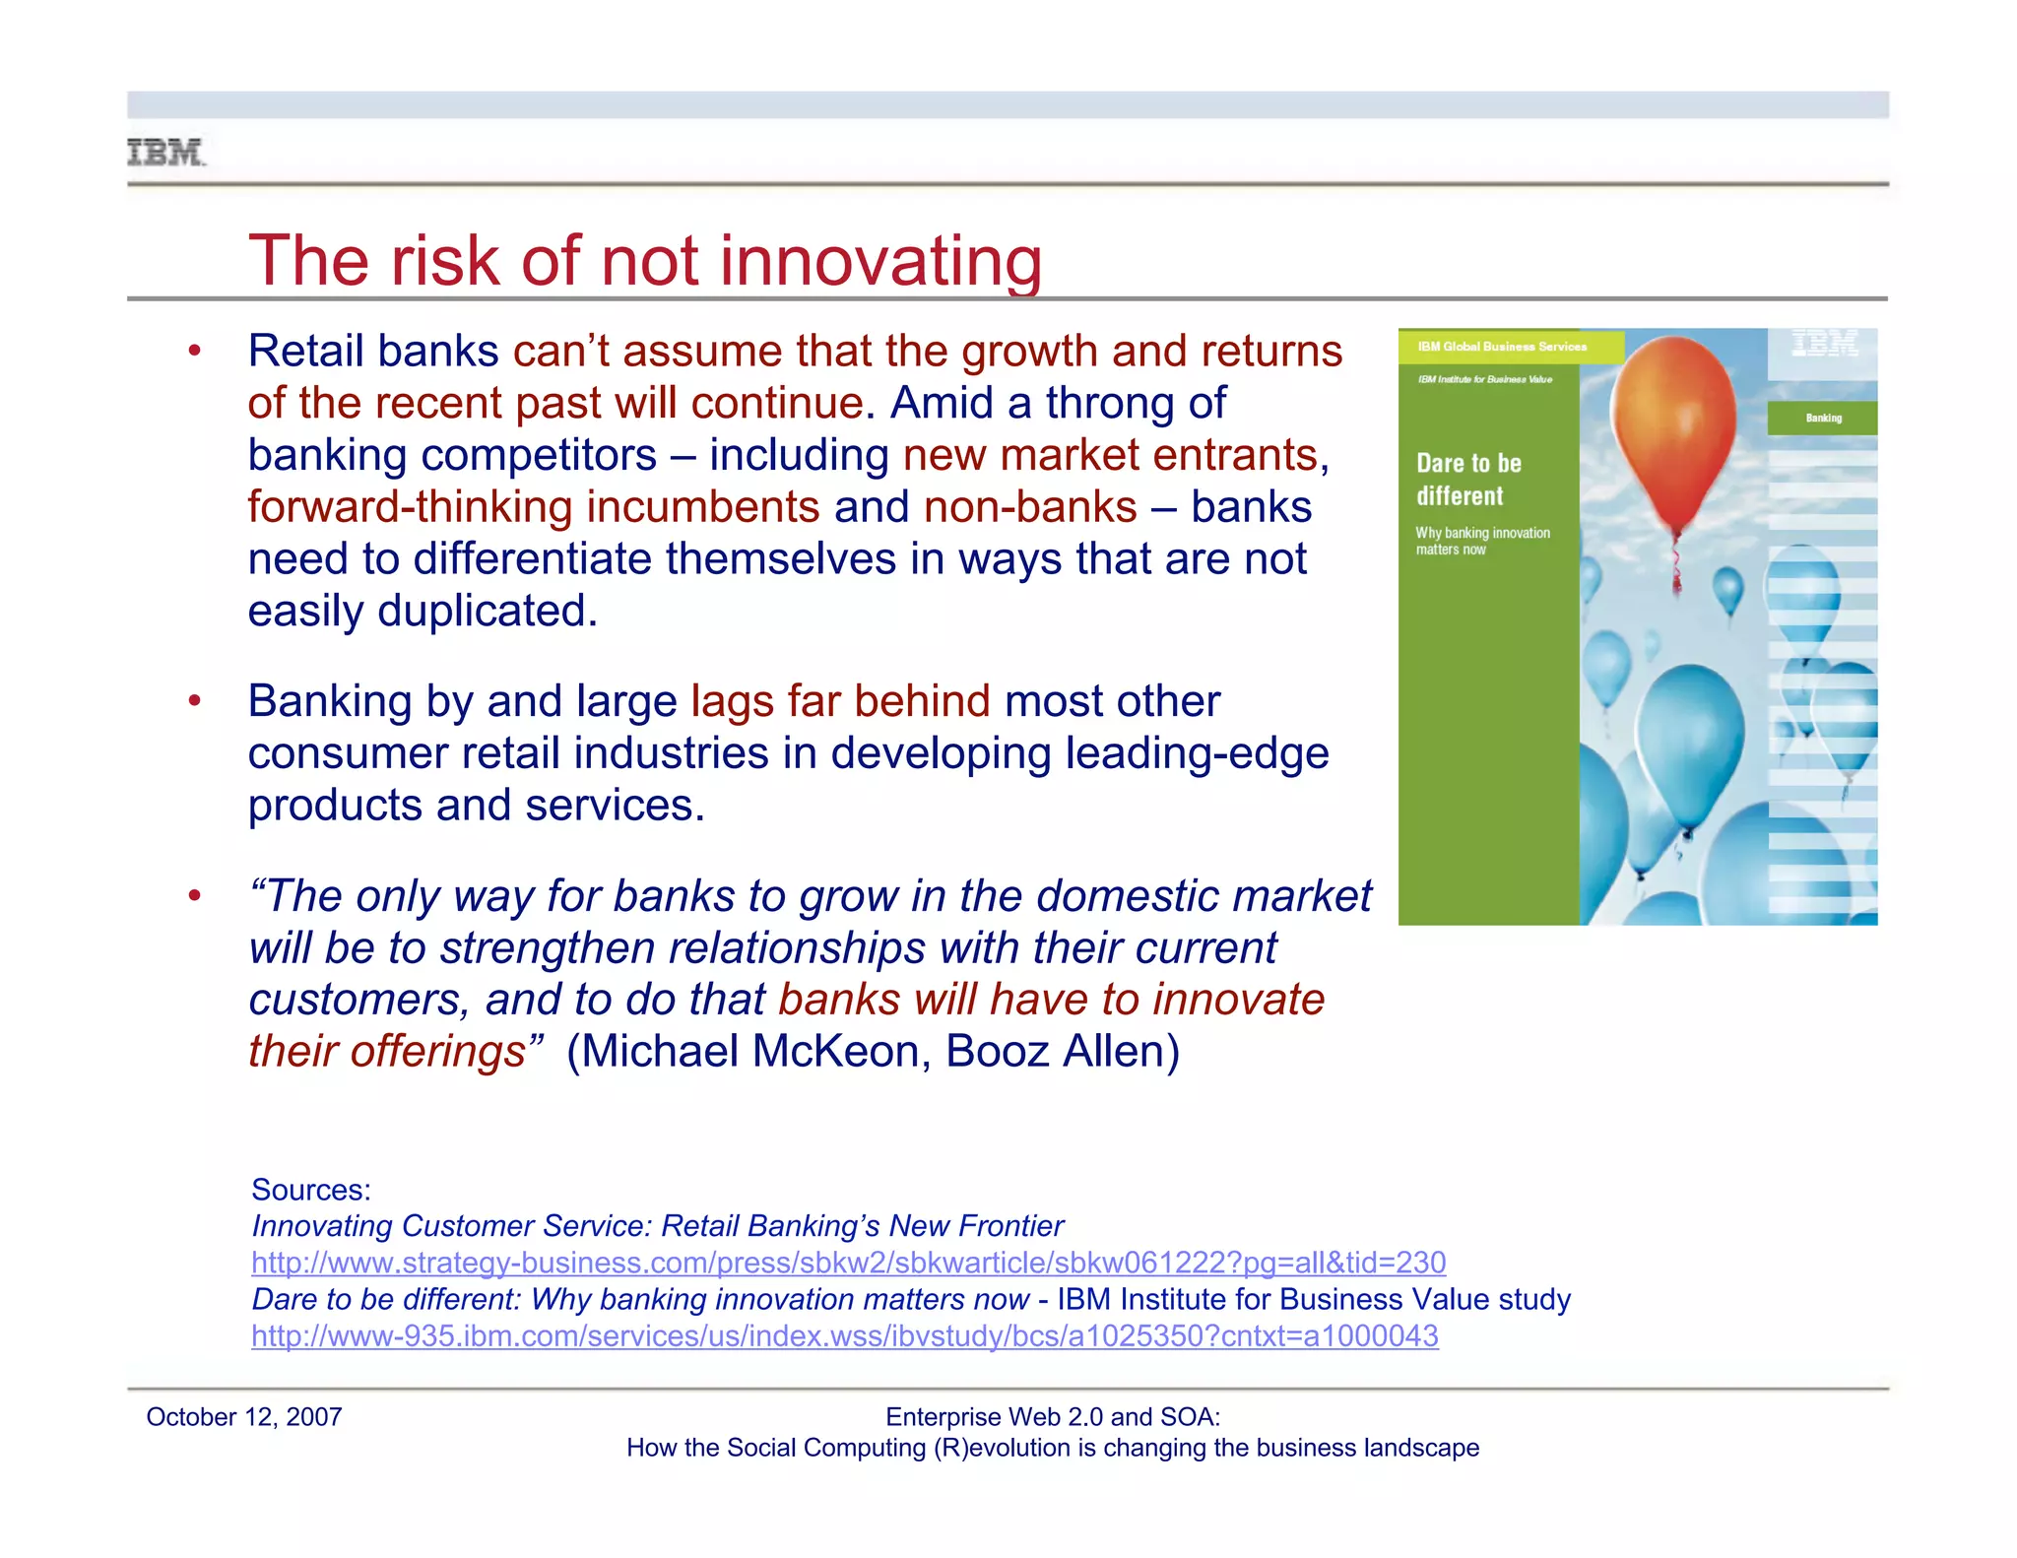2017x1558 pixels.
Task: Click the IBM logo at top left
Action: (165, 153)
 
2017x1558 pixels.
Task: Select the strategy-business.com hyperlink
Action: (848, 1263)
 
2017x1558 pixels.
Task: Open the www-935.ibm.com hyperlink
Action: (844, 1336)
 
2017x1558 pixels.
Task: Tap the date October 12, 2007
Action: (243, 1417)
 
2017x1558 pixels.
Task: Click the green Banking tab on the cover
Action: (1822, 418)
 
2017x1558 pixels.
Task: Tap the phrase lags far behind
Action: (840, 701)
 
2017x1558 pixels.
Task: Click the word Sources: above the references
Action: (311, 1190)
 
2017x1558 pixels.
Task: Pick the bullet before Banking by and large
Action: (195, 701)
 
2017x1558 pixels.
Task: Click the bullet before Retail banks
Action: (195, 352)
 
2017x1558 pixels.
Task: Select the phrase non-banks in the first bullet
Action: (1030, 507)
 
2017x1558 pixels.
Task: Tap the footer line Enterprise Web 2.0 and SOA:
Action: (1052, 1417)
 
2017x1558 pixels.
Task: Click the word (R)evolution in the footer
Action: (1002, 1448)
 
